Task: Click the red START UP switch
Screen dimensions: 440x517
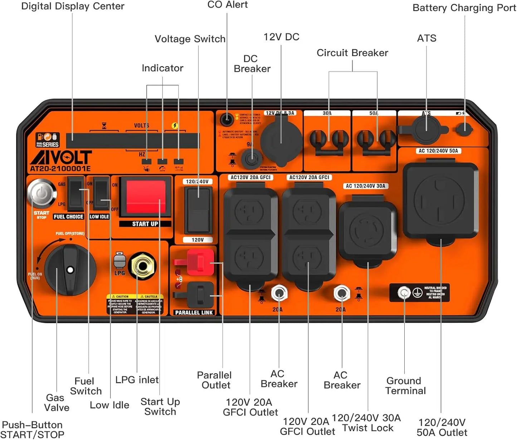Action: pyautogui.click(x=145, y=197)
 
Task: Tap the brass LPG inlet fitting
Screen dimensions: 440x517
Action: pyautogui.click(x=142, y=266)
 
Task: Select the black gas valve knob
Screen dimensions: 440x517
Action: pyautogui.click(x=70, y=270)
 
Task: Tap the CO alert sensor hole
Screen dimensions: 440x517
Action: pyautogui.click(x=226, y=119)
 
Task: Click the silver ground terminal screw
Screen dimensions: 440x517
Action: pyautogui.click(x=404, y=293)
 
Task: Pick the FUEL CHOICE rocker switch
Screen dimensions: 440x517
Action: pyautogui.click(x=76, y=194)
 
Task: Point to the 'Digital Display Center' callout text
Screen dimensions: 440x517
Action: pyautogui.click(x=73, y=6)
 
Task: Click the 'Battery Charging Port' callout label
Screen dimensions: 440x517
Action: pyautogui.click(x=464, y=8)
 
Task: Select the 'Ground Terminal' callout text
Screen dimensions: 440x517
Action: pyautogui.click(x=405, y=386)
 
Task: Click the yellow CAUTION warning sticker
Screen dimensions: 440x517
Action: pyautogui.click(x=135, y=304)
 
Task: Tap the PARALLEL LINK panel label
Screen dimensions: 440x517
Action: pyautogui.click(x=194, y=312)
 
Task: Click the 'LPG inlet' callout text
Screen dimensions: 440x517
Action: pyautogui.click(x=137, y=380)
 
